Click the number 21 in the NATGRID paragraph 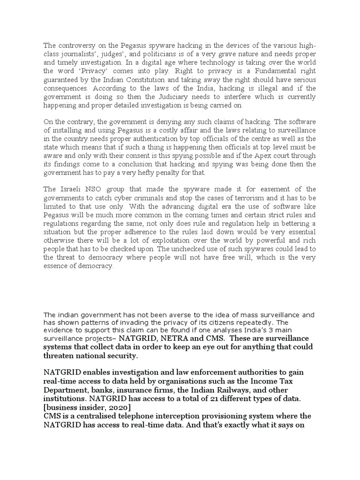[x=196, y=398]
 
